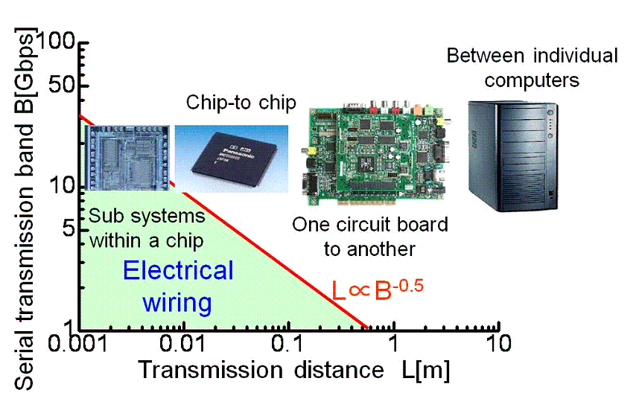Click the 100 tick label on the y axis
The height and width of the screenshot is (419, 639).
56,41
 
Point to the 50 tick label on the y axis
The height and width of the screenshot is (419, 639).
62,85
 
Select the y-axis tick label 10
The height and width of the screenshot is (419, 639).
63,185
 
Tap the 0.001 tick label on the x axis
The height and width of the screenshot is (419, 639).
77,343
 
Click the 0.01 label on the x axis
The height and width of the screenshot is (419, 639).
182,343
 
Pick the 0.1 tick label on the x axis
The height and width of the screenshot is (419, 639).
287,343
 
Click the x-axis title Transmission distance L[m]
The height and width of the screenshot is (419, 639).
294,370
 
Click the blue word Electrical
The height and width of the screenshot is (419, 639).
178,270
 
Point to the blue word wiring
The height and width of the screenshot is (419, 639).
177,304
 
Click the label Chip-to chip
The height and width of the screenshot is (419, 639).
241,103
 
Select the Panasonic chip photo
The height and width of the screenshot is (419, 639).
232,159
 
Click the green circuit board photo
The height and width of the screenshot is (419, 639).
376,153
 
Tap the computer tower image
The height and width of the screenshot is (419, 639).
512,156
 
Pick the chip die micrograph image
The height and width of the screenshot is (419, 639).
127,158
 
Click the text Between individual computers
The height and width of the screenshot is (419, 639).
532,68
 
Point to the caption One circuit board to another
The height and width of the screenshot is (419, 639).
369,237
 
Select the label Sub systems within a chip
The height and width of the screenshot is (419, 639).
147,228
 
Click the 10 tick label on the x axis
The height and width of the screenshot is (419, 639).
499,343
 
